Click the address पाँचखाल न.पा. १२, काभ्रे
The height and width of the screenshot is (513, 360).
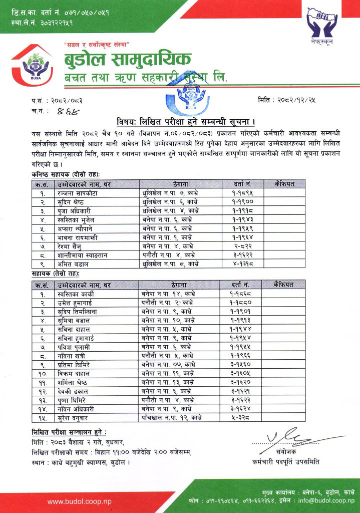point(171,417)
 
